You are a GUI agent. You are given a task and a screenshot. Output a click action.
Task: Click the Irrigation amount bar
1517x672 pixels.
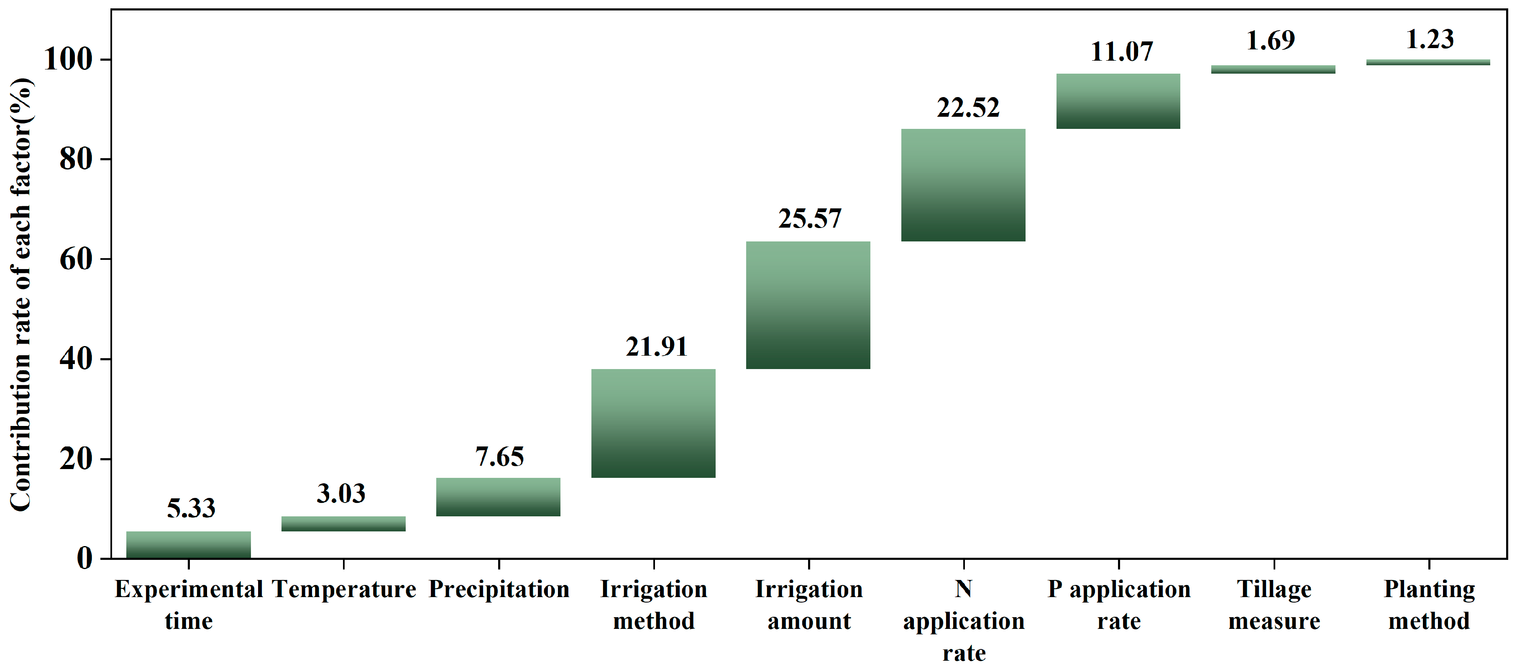click(x=808, y=305)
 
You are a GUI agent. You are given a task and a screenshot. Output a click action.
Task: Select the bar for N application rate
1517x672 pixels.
click(x=963, y=185)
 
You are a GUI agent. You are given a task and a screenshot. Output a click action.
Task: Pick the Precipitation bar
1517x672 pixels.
click(x=498, y=497)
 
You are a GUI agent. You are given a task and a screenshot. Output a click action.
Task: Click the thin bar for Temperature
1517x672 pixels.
click(x=343, y=523)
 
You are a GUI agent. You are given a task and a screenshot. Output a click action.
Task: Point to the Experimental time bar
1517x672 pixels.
click(x=189, y=545)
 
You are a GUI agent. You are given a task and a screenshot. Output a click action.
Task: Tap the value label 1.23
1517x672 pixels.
click(x=1430, y=39)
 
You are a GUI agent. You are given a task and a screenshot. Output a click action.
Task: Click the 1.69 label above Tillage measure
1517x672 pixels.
click(x=1270, y=41)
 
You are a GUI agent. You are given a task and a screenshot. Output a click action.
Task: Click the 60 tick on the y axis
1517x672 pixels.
click(x=76, y=259)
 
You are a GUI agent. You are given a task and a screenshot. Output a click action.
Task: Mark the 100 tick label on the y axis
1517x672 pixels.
click(x=68, y=59)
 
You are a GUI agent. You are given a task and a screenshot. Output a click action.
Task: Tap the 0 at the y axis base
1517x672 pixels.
click(x=84, y=558)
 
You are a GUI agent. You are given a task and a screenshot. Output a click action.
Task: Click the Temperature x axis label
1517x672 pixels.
click(x=344, y=589)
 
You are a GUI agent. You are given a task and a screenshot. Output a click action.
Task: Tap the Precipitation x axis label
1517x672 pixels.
click(x=499, y=589)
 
